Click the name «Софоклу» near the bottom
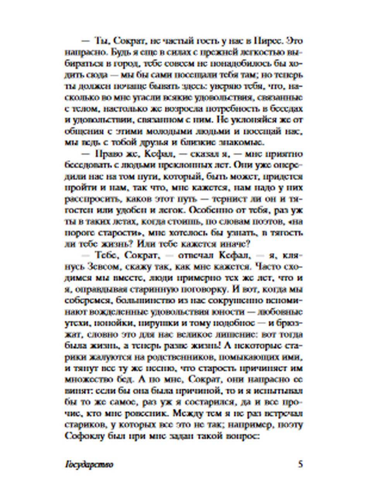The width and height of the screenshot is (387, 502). [81, 436]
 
